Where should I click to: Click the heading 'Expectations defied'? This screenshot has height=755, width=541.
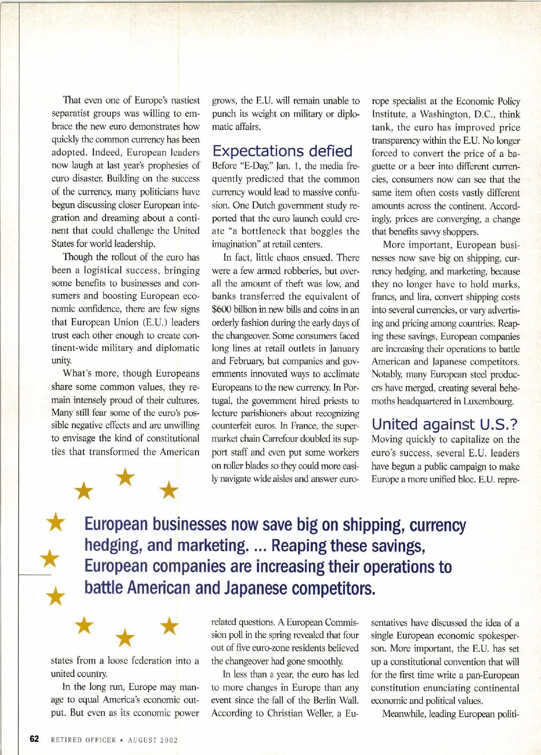tap(282, 151)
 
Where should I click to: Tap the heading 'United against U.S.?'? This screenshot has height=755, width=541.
tap(444, 424)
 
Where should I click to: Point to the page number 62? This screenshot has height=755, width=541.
tap(34, 739)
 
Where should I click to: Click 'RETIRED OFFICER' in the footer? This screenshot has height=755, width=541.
tap(83, 740)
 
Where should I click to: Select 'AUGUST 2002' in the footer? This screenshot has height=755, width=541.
tap(153, 740)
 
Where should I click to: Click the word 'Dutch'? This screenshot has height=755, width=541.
tap(263, 205)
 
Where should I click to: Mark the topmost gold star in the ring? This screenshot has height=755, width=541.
tap(126, 477)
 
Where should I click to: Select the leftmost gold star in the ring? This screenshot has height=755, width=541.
tap(50, 559)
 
